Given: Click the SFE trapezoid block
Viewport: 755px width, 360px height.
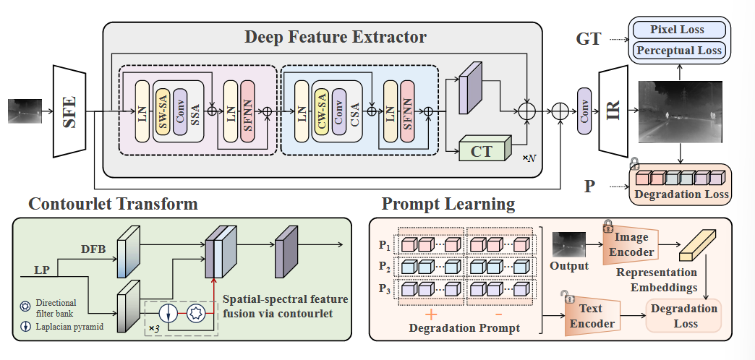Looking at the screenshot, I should [x=70, y=111].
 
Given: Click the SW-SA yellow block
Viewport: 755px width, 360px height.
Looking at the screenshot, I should [x=165, y=111].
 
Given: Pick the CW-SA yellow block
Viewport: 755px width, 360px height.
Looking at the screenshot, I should [x=323, y=111].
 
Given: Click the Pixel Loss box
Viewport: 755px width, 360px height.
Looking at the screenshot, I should [x=678, y=30].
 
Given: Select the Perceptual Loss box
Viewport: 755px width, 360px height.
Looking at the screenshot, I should [x=678, y=51].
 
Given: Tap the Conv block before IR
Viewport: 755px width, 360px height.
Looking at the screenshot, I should [x=584, y=111].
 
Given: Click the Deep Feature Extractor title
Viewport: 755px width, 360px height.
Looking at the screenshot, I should [x=335, y=36].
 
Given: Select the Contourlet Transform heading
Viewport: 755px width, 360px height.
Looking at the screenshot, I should [x=113, y=204].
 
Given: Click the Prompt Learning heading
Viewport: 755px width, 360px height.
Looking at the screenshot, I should [x=448, y=204].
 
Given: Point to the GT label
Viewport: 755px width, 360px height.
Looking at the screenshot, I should [x=589, y=39].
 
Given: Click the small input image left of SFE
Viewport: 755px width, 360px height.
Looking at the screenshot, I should [x=24, y=111].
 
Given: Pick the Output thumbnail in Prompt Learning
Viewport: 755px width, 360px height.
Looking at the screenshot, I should [x=569, y=244].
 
